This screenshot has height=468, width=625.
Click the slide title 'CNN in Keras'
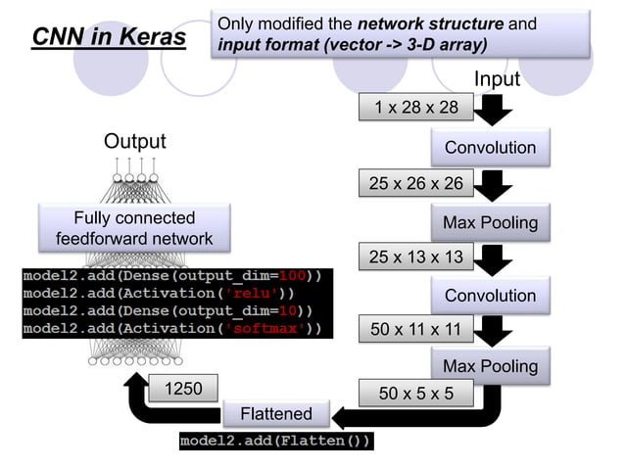[109, 37]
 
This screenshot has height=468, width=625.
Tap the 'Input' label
[497, 78]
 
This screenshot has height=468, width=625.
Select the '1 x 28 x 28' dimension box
[416, 107]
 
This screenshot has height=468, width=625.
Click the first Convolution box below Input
[490, 148]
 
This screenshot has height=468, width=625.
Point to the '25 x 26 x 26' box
[416, 182]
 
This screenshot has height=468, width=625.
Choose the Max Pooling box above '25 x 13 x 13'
[490, 222]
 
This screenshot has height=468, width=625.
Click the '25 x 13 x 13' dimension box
[416, 257]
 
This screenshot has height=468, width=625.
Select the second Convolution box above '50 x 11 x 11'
[490, 296]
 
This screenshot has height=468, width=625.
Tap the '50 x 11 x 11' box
[416, 330]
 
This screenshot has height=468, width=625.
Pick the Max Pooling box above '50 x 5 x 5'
[490, 366]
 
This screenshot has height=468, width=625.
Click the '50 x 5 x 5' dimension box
[416, 395]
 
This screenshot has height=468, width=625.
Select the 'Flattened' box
[276, 414]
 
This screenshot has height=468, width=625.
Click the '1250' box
[182, 389]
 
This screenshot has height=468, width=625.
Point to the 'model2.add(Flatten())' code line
[276, 442]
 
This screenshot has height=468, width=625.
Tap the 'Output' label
[135, 142]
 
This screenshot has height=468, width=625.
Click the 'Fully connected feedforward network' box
[134, 228]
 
